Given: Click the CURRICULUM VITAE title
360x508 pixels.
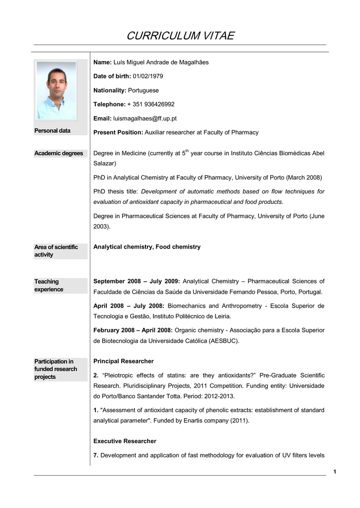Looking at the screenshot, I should pos(180,36).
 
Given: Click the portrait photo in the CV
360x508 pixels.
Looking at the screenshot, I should pos(56,91).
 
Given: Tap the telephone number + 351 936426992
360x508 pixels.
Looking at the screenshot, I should pos(151,104).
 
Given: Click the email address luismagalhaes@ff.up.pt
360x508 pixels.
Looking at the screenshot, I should pos(145,119).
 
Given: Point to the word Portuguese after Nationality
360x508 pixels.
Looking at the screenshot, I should pos(144,90).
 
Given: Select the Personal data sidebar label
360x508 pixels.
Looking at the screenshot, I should pos(52,130).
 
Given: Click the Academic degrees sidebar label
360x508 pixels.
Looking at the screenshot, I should pos(59,153).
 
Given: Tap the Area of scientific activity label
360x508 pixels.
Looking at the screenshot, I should pos(56,251).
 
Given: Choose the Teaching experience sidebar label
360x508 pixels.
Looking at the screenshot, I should pos(49,285).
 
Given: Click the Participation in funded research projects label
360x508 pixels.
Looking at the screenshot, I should pos(56,369).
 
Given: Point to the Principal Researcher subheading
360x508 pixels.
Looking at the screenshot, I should pos(124,361).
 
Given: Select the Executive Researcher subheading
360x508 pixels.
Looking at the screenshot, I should pos(125,441).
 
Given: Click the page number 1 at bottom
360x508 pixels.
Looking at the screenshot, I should pos(335,471).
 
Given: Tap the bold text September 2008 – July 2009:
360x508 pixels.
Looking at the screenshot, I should pos(137,281).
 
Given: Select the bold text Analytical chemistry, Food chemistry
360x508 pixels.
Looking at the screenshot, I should pos(147,247).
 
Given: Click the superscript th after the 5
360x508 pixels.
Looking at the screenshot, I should pos(187,150).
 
